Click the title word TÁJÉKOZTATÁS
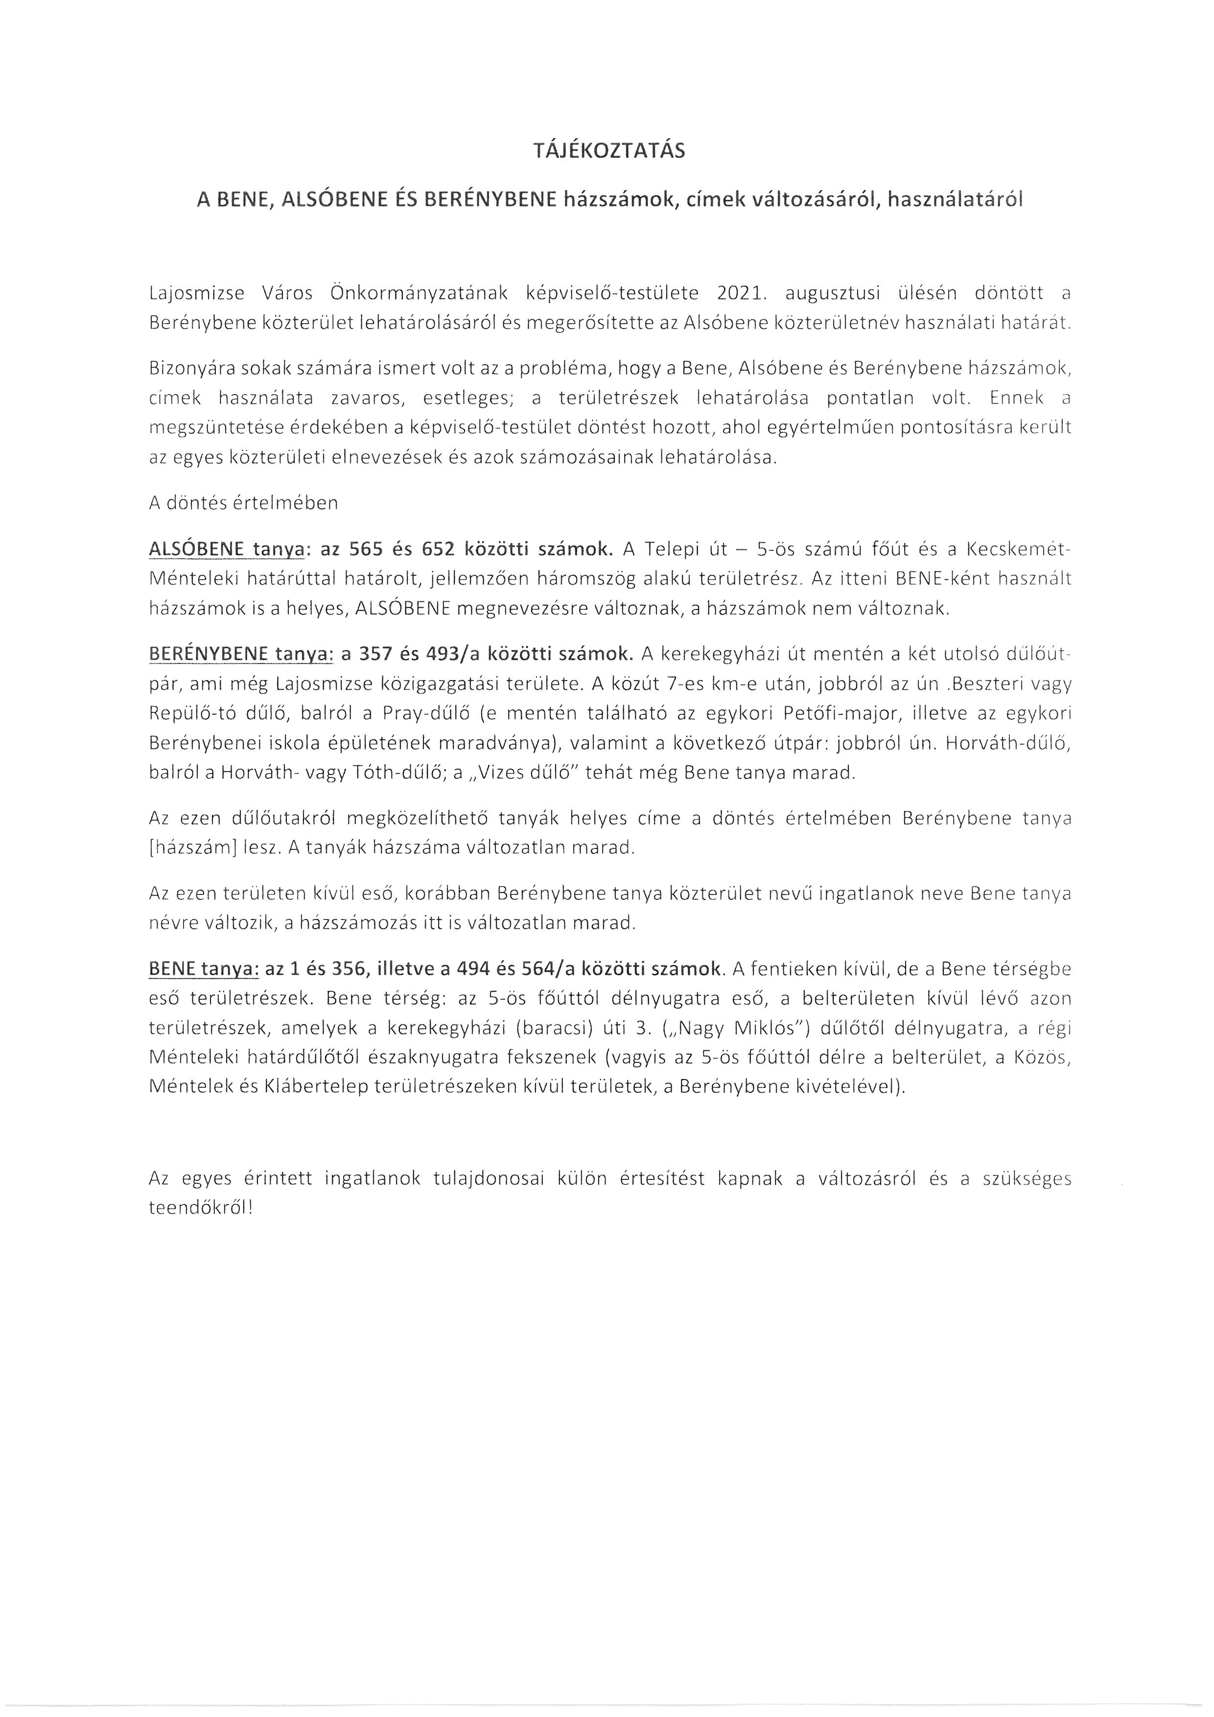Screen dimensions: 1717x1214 [x=609, y=152]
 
